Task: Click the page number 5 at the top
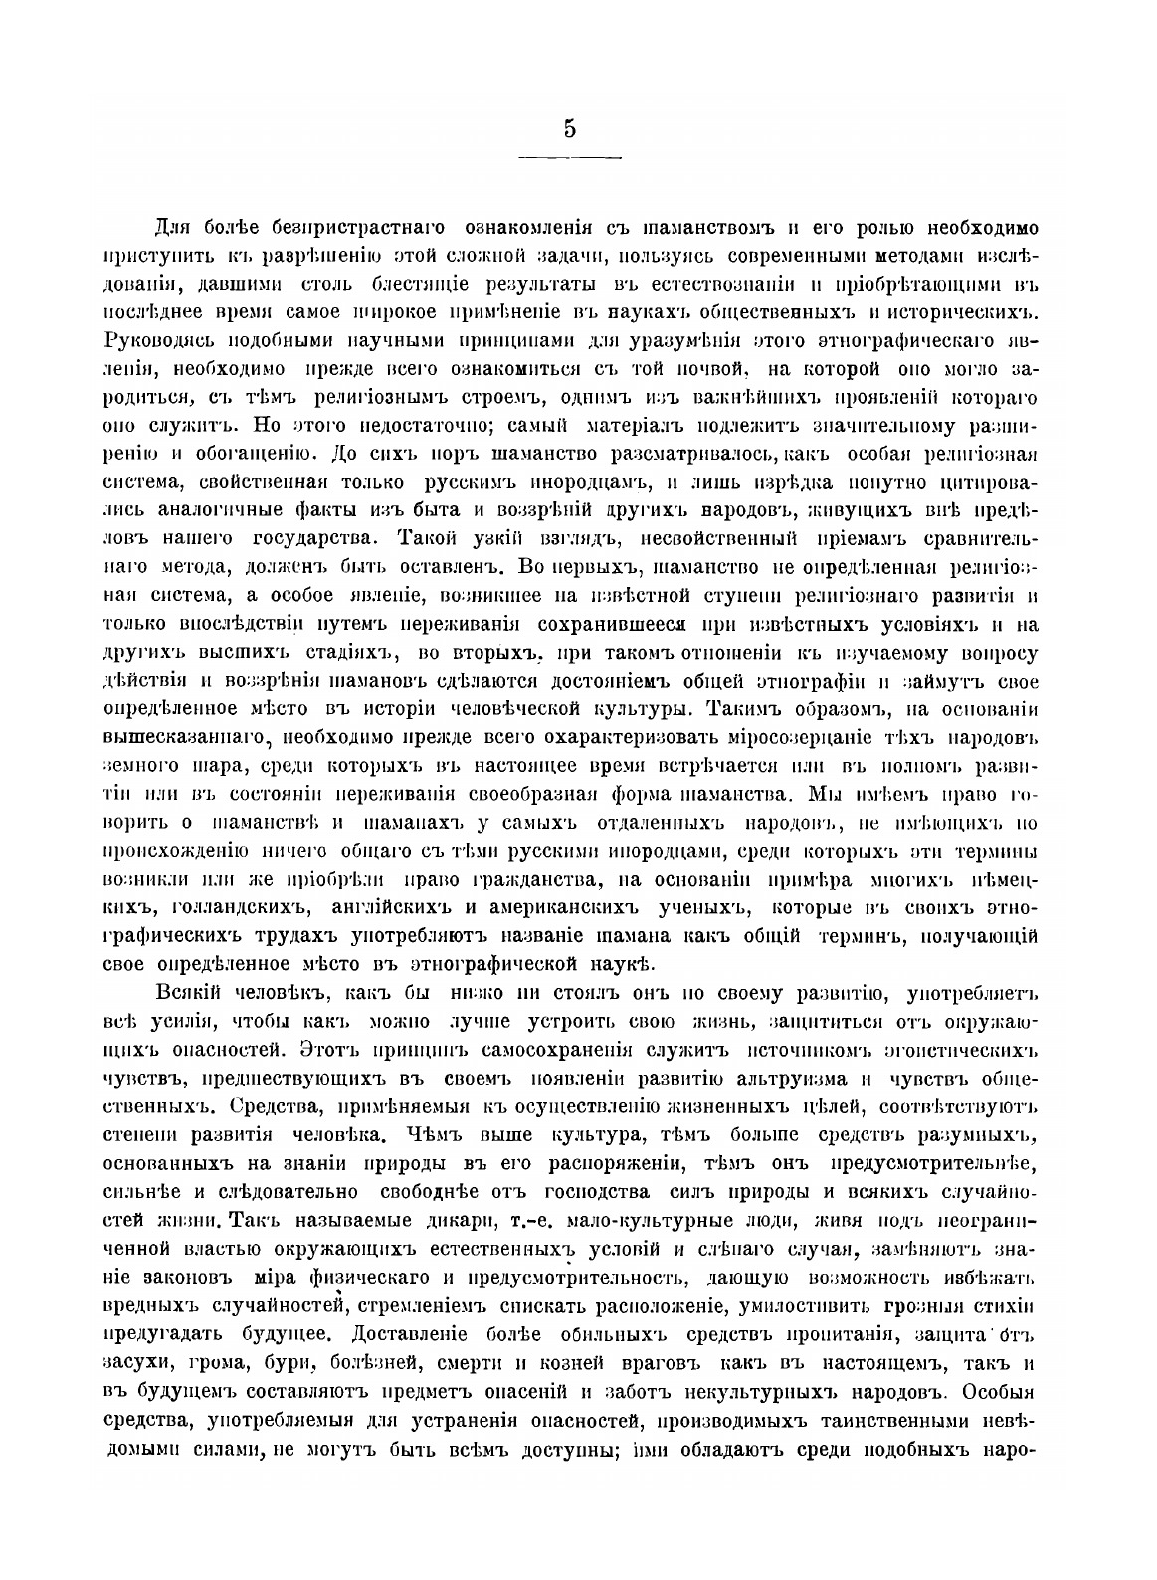(x=570, y=129)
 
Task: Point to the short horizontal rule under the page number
(x=570, y=157)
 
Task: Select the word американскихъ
(x=560, y=908)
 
